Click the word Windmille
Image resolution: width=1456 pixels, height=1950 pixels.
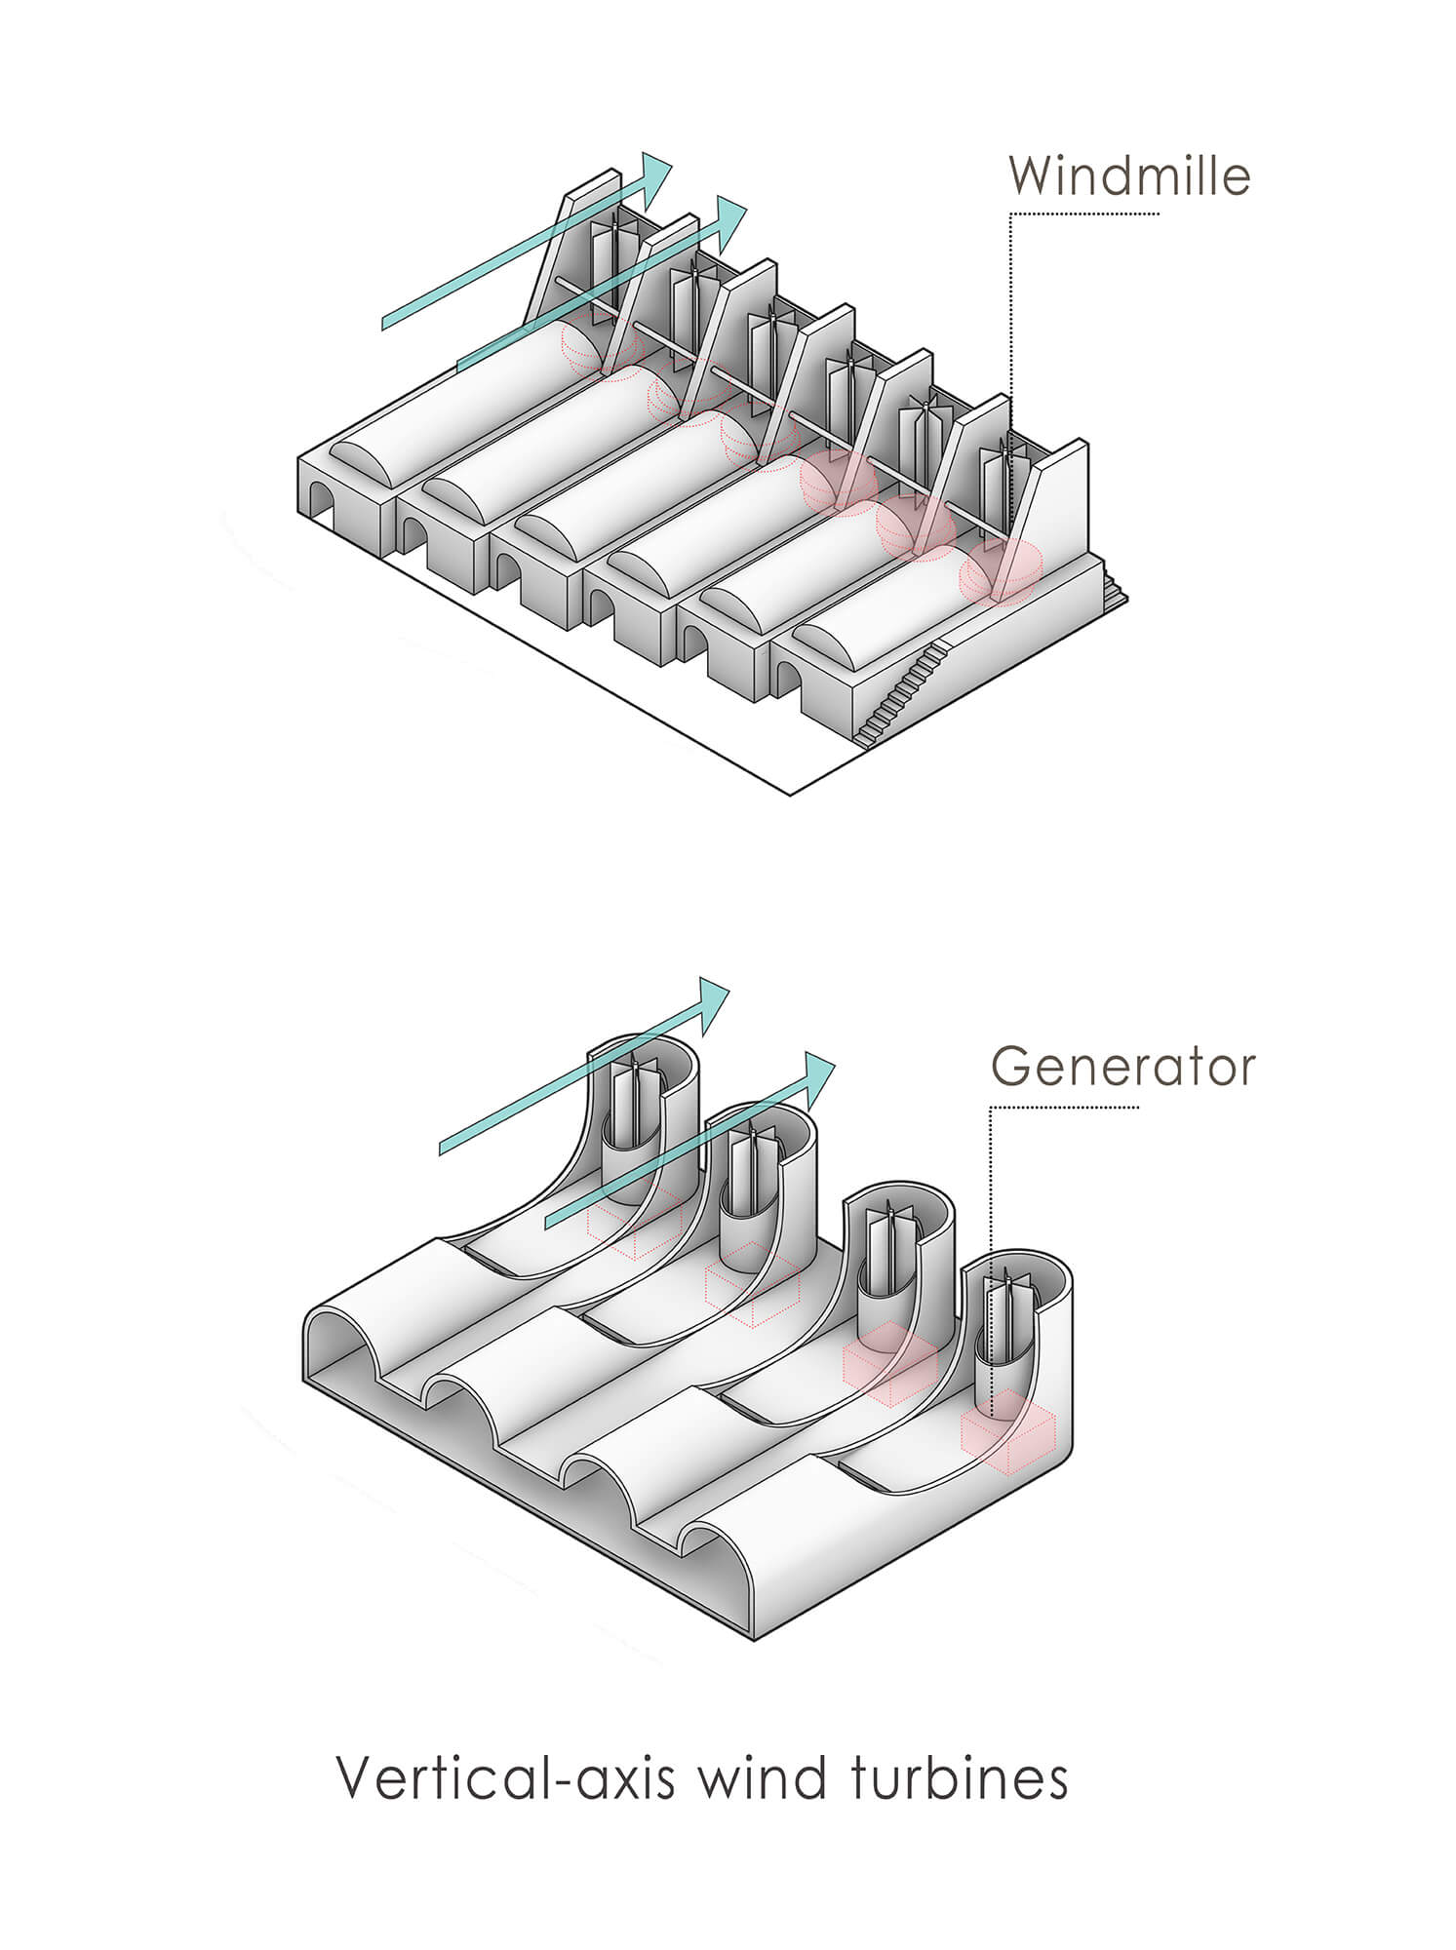pyautogui.click(x=1129, y=175)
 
